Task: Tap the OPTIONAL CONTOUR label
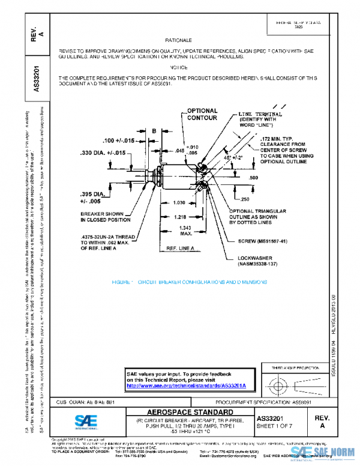point(202,115)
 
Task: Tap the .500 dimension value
point(286,178)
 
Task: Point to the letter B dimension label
point(154,130)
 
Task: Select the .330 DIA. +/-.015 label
point(103,153)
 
